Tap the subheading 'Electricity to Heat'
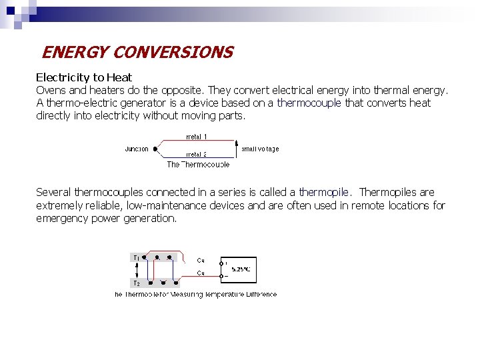coord(84,77)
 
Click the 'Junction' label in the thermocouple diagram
coord(137,149)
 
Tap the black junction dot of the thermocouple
coord(155,149)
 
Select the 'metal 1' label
coord(196,137)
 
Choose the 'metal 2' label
coord(196,154)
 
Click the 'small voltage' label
coord(260,149)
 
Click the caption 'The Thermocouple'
coord(198,164)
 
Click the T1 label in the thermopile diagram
coord(136,257)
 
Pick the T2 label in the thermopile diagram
coord(136,283)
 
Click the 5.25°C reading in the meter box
coord(241,269)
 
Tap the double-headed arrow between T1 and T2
coord(137,270)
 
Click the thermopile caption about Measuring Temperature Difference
coord(196,294)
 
